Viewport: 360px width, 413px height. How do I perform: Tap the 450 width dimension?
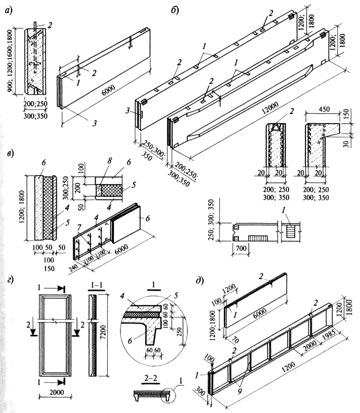(x=321, y=109)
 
